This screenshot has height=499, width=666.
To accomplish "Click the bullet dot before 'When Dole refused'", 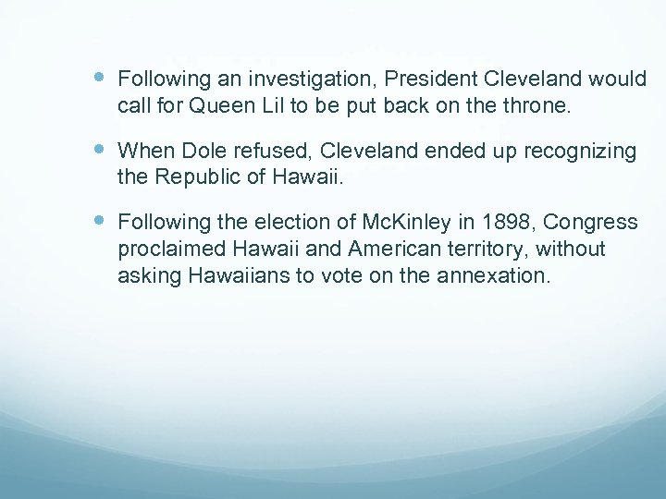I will [x=100, y=150].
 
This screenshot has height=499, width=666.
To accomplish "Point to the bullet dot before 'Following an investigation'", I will [x=100, y=79].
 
